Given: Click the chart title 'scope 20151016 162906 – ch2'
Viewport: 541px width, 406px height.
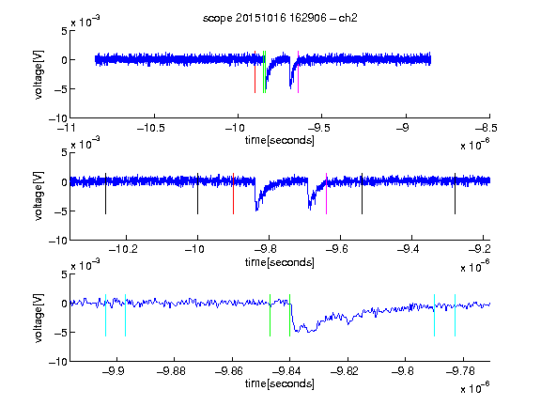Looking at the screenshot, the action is pos(280,18).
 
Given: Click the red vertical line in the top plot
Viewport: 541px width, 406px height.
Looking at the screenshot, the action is pos(255,71).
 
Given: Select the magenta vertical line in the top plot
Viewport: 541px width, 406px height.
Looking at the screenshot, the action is pos(298,71).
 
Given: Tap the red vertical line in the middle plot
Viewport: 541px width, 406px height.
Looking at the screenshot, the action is pos(233,194).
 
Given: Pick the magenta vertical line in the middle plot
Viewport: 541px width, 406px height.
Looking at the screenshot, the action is pos(327,194).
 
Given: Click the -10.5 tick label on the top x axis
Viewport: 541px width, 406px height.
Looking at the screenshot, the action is pos(151,128).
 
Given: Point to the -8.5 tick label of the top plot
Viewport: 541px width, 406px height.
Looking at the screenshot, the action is pos(487,128).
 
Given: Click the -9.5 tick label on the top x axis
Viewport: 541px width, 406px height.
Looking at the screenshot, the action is pos(318,128).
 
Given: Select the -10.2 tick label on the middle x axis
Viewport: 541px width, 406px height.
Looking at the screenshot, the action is pos(123,249).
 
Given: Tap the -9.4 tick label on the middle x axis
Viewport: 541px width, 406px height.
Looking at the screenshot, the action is pos(409,249).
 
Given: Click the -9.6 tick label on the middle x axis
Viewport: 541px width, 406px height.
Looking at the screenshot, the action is pos(336,249).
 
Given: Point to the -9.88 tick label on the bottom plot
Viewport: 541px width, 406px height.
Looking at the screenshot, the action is pos(171,371).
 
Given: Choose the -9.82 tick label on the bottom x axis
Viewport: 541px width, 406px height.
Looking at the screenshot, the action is pos(345,371).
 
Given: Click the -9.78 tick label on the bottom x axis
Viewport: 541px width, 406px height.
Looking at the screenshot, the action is pos(460,371).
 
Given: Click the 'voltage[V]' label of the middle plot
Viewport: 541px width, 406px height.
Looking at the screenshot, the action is pos(39,195).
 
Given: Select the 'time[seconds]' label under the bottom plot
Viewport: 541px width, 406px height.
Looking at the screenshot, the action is pos(280,383).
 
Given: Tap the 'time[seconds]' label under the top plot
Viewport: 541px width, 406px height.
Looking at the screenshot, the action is pos(280,140).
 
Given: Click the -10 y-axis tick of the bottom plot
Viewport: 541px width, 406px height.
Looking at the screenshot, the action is pos(58,362).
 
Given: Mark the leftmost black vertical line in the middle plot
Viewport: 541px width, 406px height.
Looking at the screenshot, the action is pos(105,194).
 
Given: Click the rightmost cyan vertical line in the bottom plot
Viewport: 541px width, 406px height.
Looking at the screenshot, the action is pos(455,315).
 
